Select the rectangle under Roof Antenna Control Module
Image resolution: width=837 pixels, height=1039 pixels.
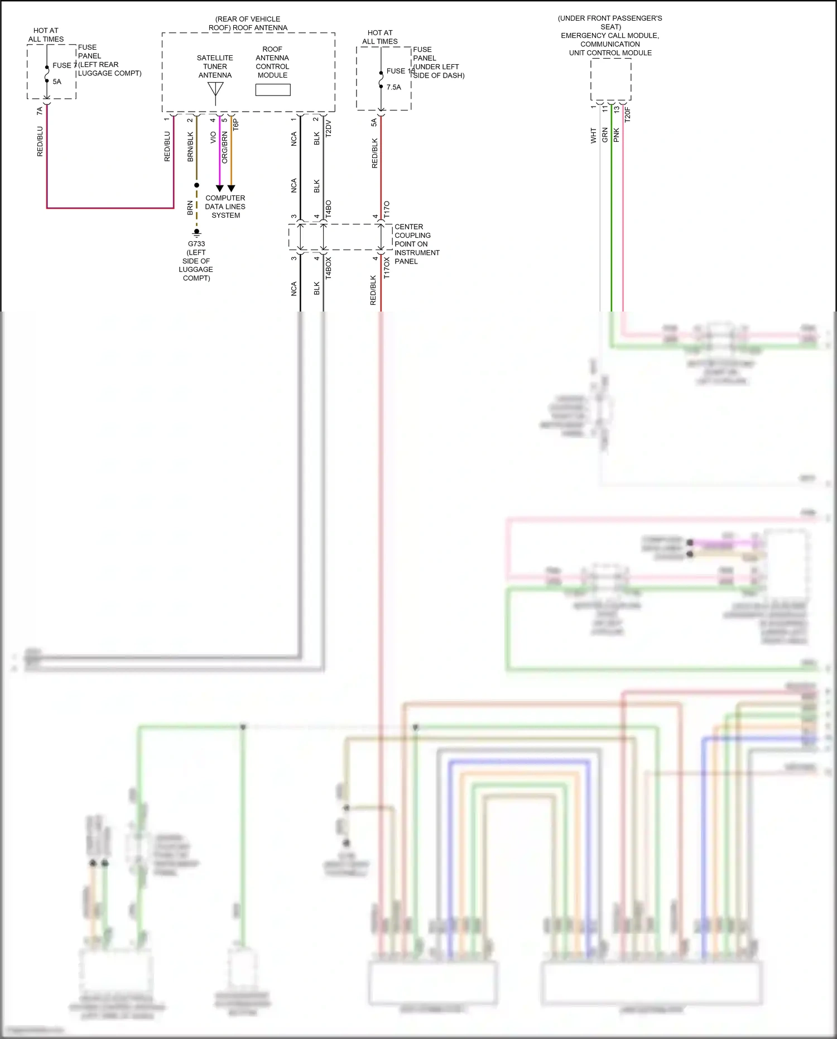point(273,90)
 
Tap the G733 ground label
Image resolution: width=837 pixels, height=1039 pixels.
point(196,244)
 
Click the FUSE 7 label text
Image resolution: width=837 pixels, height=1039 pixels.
point(64,65)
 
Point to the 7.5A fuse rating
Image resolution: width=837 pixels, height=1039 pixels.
point(393,87)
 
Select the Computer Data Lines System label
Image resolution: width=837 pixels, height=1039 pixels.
point(225,207)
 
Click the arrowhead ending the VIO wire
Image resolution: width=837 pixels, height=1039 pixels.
point(219,189)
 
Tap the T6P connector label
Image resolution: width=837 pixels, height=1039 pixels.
point(236,125)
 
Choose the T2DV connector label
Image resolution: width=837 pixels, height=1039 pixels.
point(328,128)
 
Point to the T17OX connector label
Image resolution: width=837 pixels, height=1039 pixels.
point(387,268)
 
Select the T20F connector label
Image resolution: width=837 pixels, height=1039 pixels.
point(627,114)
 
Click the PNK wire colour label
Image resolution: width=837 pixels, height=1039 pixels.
point(617,135)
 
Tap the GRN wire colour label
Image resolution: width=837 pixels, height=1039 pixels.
point(605,135)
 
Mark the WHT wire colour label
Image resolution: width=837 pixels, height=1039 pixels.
point(594,136)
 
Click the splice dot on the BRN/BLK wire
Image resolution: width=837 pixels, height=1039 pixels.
point(196,185)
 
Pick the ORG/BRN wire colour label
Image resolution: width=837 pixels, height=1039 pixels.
point(225,147)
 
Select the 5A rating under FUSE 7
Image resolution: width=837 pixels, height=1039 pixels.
point(57,82)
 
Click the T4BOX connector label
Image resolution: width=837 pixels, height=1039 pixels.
point(328,268)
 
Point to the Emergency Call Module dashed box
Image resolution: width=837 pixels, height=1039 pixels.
point(610,79)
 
